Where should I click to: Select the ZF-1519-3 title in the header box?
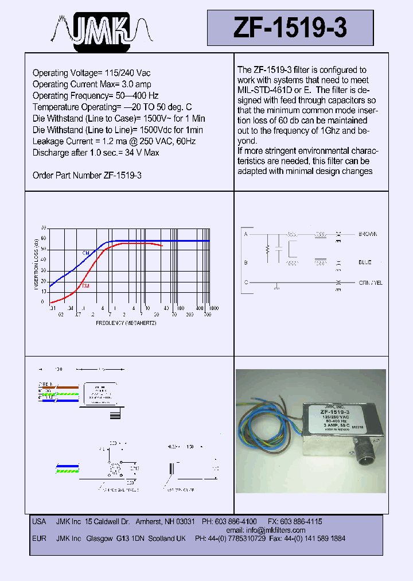click(290, 28)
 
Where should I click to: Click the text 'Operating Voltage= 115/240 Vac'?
click(91, 73)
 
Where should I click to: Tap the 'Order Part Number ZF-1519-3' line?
click(87, 175)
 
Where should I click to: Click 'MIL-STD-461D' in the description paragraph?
click(264, 91)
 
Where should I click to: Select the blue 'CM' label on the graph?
click(85, 253)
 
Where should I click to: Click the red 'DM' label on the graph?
click(85, 285)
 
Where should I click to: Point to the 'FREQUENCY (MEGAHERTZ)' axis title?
click(126, 323)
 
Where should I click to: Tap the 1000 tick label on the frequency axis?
click(213, 309)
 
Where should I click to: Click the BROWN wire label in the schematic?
click(368, 234)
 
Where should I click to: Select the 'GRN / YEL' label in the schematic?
click(371, 282)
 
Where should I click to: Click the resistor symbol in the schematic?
click(267, 250)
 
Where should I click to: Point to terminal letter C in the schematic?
click(246, 282)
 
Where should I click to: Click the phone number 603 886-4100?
click(236, 521)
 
